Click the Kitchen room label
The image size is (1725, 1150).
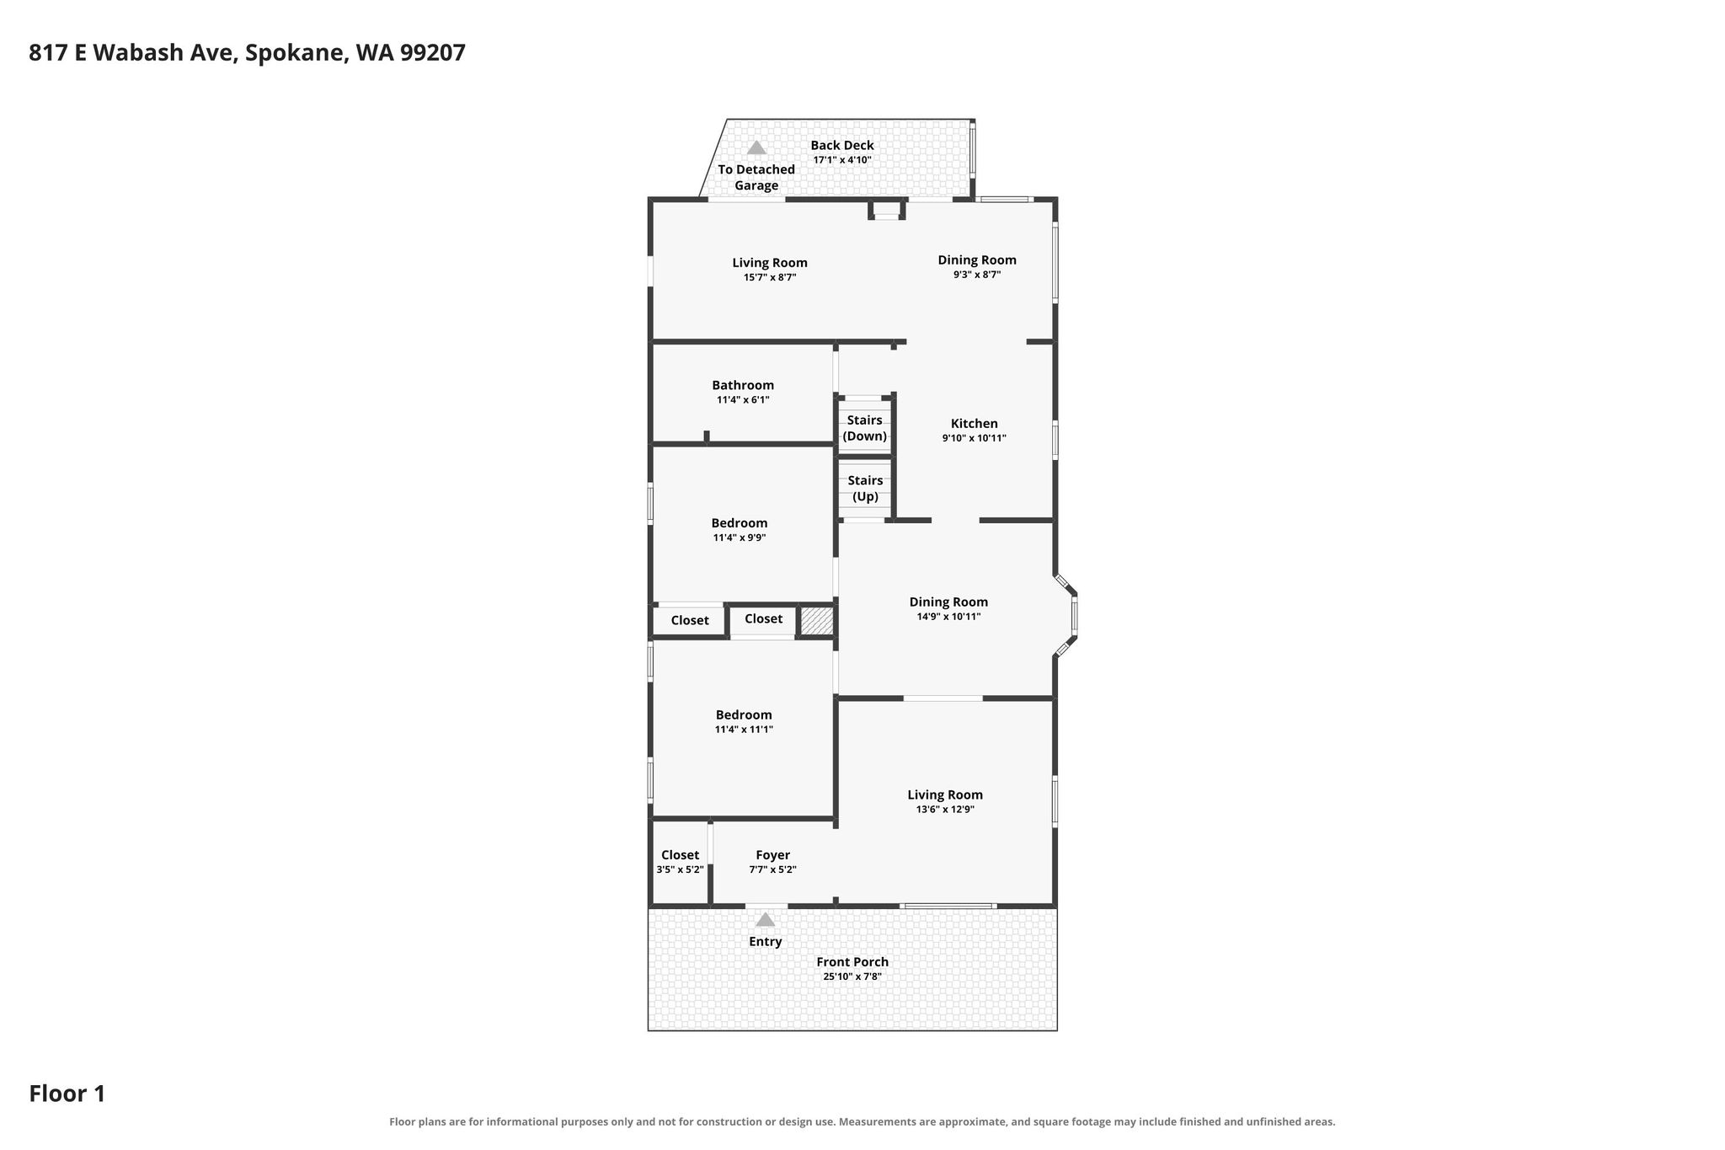(974, 424)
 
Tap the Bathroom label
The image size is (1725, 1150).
(743, 385)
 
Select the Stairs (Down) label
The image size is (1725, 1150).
(865, 428)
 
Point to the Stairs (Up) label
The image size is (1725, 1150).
(865, 489)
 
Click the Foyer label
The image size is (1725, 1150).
(772, 855)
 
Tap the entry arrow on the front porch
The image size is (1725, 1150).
(765, 919)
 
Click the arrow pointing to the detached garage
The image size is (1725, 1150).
(756, 147)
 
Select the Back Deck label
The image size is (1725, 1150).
(842, 145)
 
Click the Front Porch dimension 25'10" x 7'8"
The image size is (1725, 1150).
(852, 976)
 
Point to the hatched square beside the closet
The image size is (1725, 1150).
(816, 621)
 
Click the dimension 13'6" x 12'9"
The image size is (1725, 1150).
(945, 810)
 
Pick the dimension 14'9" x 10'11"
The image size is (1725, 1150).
(948, 617)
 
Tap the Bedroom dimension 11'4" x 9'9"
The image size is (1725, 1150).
(740, 538)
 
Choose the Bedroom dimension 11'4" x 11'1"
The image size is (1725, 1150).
(744, 730)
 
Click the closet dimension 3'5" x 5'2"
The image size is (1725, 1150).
(680, 869)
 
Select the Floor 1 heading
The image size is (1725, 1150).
(67, 1094)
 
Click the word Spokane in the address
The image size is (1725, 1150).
(296, 53)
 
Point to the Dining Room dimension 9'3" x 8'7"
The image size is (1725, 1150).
(977, 275)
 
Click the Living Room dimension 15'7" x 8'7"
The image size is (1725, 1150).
(770, 277)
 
